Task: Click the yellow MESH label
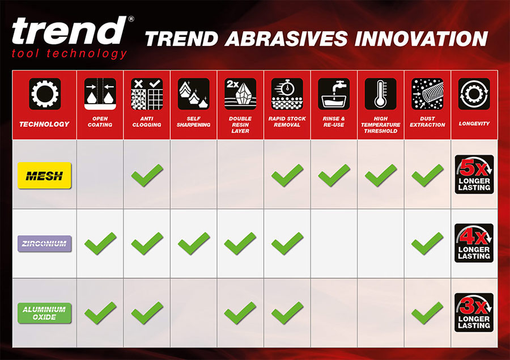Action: [x=44, y=175]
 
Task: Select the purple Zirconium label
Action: [x=44, y=243]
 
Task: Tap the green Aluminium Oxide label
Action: [x=44, y=313]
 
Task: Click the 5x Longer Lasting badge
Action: [x=474, y=175]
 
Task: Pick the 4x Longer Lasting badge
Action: [x=474, y=243]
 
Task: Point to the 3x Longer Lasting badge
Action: [x=474, y=312]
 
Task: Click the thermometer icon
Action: [x=381, y=94]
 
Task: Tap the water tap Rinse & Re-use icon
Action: [x=334, y=94]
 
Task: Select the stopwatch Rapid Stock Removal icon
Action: [x=287, y=94]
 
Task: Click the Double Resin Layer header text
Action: [x=240, y=125]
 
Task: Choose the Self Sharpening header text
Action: [x=194, y=122]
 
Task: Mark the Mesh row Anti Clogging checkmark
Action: [x=147, y=175]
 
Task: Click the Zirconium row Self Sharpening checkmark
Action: [x=194, y=243]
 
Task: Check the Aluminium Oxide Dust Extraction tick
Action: [x=427, y=313]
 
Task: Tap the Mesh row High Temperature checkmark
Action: [x=381, y=175]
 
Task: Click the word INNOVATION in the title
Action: [x=422, y=39]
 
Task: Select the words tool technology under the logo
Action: [x=69, y=53]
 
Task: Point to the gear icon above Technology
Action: [x=45, y=94]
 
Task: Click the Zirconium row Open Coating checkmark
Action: [x=100, y=243]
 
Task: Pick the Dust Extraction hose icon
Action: [x=427, y=94]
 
